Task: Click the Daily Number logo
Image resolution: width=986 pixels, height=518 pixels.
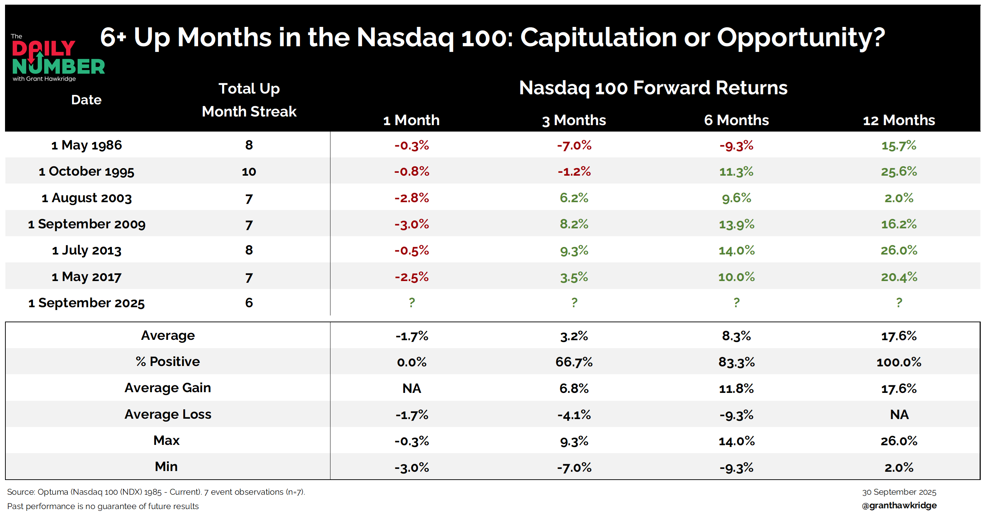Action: click(58, 58)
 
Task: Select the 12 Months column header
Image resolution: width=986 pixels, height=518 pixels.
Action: click(899, 120)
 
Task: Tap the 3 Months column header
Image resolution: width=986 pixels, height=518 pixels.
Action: click(574, 120)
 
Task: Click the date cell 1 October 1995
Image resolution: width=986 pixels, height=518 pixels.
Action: click(86, 171)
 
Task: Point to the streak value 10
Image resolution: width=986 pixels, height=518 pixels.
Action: click(249, 171)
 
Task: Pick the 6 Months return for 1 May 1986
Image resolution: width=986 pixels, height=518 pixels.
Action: click(736, 145)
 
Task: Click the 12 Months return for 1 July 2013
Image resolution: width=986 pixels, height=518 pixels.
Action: click(899, 251)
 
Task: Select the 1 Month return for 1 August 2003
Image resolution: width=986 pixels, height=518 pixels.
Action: click(412, 198)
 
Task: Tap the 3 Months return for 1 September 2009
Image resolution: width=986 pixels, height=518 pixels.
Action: click(574, 224)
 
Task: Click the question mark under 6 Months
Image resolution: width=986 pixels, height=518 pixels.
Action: click(736, 303)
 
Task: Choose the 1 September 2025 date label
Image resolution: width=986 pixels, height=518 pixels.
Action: click(86, 303)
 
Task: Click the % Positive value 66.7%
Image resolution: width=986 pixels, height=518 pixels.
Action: click(574, 362)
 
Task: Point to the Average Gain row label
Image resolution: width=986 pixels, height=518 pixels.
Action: click(168, 388)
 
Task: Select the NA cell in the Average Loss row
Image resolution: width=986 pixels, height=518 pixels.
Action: click(899, 414)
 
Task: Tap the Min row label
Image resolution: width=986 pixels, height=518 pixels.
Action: click(166, 466)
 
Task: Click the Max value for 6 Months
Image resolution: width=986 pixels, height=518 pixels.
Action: click(736, 441)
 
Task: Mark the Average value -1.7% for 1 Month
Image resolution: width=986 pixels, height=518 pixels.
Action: click(412, 336)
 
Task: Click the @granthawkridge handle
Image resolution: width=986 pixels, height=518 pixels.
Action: click(899, 505)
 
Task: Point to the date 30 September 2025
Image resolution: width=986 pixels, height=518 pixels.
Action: click(899, 492)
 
